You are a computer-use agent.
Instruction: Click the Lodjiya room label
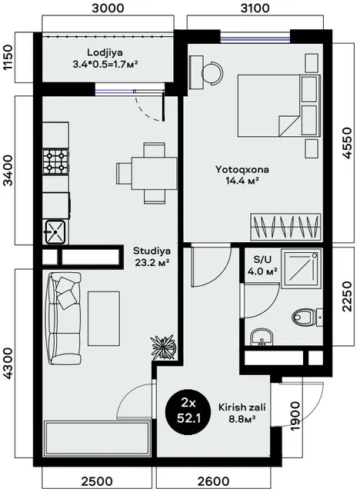coord(105,52)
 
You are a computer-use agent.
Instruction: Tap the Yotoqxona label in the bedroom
coord(242,170)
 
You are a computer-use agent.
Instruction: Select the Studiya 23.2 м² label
coord(152,256)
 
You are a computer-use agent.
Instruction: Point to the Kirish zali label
coord(242,407)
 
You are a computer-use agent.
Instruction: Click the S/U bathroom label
coord(262,260)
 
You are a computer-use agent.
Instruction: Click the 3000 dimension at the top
coord(108,8)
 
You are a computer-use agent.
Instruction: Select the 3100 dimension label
coord(255,8)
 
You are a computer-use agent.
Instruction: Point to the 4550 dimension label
coord(347,143)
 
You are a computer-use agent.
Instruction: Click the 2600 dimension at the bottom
coord(213,481)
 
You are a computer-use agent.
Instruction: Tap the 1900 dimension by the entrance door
coord(295,417)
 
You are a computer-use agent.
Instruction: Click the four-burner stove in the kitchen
coord(56,161)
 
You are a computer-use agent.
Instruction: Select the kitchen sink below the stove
coord(55,232)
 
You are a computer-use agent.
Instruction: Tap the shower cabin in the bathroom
coord(301,268)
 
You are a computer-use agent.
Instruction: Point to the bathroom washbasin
coord(262,337)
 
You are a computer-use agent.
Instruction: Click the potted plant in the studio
coord(164,346)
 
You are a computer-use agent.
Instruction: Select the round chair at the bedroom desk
coord(213,74)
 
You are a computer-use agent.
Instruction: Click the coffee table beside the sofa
coord(104,318)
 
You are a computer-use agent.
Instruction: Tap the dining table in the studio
coord(154,174)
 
